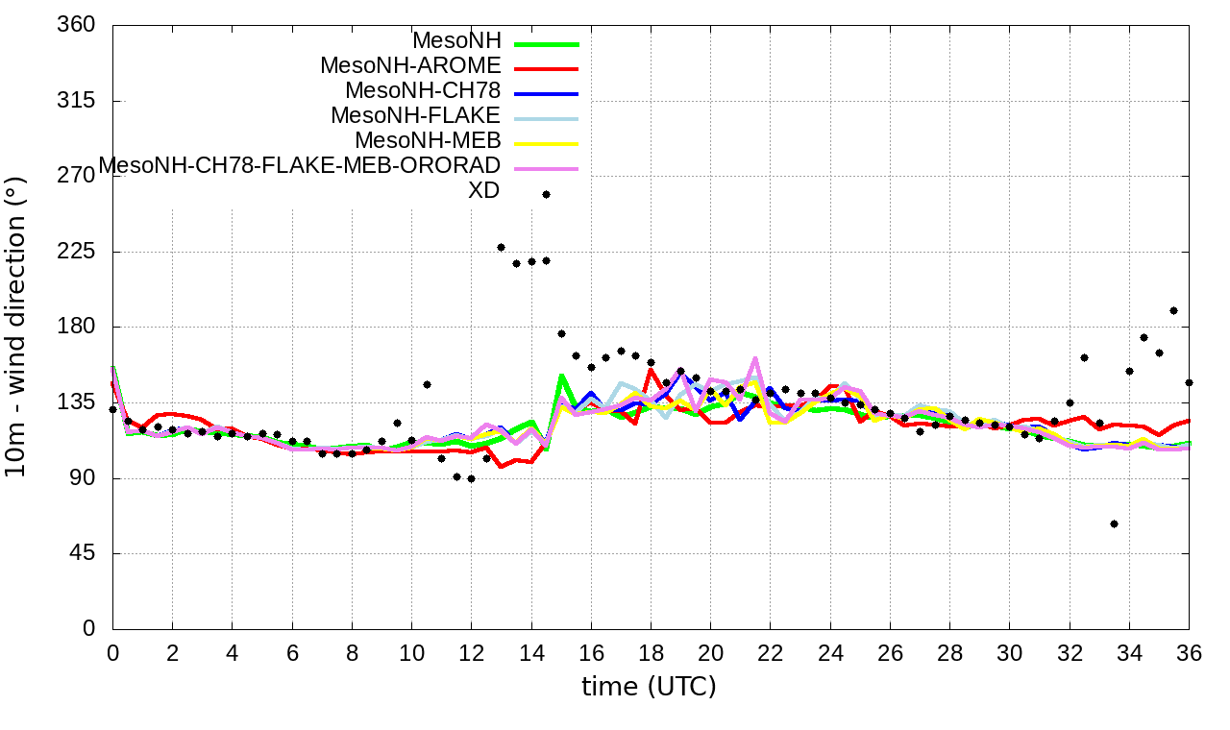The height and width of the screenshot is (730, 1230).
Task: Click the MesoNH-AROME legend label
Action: point(410,66)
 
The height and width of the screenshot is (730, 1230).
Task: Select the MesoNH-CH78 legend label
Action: point(423,91)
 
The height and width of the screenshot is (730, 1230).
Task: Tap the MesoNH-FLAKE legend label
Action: point(415,116)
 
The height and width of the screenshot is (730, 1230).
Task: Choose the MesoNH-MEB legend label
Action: point(428,141)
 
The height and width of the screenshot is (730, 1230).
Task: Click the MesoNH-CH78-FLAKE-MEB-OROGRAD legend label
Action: point(300,165)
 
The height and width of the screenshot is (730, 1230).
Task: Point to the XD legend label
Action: point(483,190)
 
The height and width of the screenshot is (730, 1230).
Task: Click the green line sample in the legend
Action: point(547,44)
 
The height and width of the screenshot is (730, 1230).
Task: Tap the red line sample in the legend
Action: point(547,69)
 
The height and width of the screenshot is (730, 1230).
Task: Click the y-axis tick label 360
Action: point(77,26)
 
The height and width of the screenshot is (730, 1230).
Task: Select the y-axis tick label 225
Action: point(77,252)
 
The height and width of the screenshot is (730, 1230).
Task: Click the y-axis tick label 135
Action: point(77,402)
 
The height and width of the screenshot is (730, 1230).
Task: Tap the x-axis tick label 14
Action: point(531,651)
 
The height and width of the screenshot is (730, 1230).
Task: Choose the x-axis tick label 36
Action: point(1189,651)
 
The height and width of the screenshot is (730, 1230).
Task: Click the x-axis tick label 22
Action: point(771,651)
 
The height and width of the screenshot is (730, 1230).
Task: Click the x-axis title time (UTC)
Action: point(649,687)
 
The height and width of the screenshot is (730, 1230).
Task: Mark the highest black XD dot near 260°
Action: point(546,194)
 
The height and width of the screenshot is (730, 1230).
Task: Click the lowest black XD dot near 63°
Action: point(1114,523)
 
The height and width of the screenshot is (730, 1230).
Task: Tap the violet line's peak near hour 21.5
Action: point(754,359)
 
